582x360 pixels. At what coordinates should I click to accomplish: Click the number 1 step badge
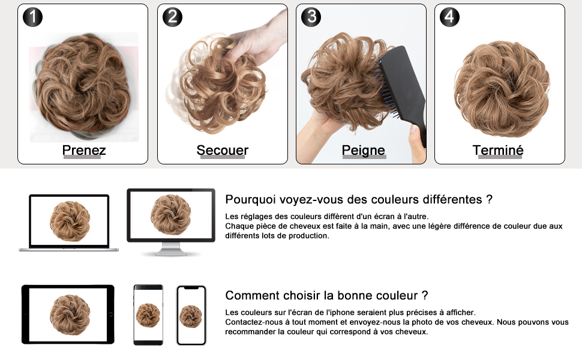point(32,17)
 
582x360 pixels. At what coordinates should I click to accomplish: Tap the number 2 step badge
point(172,17)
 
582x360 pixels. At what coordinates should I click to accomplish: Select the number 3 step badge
point(311,17)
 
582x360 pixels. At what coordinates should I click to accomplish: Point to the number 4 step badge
point(449,17)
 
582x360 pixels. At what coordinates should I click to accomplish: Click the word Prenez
point(83,150)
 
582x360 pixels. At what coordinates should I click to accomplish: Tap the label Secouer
point(222,150)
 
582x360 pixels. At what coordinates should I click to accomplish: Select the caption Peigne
point(363,150)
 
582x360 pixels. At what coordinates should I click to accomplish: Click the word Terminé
point(498,150)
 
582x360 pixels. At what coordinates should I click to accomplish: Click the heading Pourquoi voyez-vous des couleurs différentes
point(358,199)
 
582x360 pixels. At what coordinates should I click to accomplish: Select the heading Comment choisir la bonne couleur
point(326,295)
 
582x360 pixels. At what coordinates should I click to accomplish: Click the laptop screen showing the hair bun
point(69,220)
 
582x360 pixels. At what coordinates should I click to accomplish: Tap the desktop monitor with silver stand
point(171,216)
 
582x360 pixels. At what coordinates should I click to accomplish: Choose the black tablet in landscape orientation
point(68,314)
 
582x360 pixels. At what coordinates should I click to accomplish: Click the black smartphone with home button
point(148,315)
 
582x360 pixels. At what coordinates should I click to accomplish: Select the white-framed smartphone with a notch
point(191,315)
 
